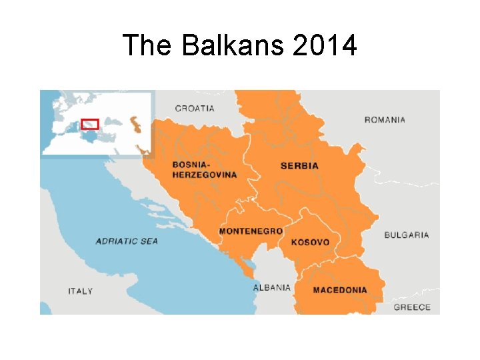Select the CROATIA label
(195, 108)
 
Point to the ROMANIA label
(385, 120)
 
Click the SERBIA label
(299, 165)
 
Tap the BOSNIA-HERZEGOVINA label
(204, 169)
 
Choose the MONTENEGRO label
(251, 231)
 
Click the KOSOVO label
(310, 242)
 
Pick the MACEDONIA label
(340, 290)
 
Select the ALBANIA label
(271, 287)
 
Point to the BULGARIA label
(407, 235)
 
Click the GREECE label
(412, 307)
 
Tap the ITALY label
(81, 291)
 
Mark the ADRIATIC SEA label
(127, 241)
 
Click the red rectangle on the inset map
(89, 124)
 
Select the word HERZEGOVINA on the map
(204, 175)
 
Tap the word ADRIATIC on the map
(115, 241)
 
